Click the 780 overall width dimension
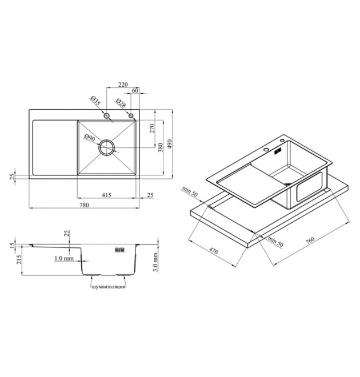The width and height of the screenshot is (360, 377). tap(84, 205)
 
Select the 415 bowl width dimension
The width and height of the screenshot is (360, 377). tap(106, 195)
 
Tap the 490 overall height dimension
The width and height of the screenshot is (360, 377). tap(170, 144)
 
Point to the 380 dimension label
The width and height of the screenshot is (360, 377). tap(161, 147)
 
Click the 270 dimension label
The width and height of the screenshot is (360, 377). tap(152, 129)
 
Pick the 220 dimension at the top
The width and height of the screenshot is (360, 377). tap(123, 85)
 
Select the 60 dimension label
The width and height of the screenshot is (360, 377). tap(135, 91)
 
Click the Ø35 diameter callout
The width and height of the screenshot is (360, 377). tap(95, 101)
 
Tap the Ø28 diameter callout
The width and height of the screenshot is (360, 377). tap(121, 103)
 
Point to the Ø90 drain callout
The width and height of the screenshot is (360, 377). tap(90, 138)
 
